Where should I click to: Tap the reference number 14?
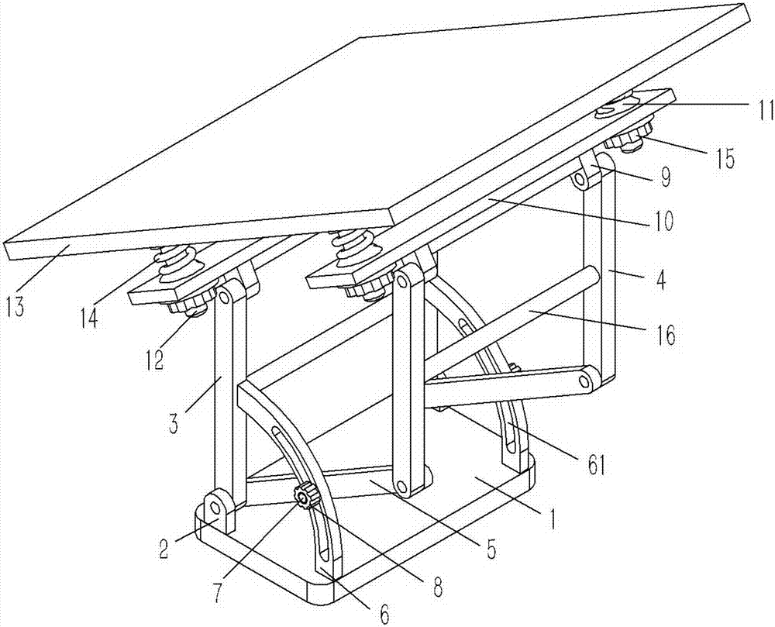[x=91, y=317]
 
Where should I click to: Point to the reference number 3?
[x=174, y=423]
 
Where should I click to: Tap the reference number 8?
[x=437, y=587]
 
